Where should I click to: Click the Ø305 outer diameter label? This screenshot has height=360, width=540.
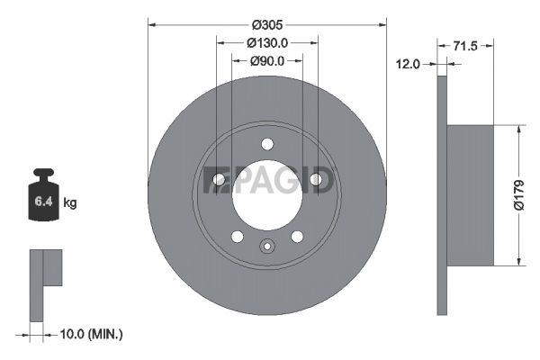point(267,25)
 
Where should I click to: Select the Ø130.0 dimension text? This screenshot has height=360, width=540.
point(267,43)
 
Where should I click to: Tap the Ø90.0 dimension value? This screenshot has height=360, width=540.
point(267,61)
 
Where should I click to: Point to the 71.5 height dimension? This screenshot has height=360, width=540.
point(465,46)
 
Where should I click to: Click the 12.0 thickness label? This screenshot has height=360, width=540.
point(408,64)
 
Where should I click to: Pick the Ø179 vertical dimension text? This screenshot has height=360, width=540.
point(518,194)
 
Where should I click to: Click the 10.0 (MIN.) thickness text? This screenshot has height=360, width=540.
point(91,334)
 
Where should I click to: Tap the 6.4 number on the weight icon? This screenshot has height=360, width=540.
point(43,202)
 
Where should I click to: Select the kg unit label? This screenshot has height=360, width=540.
point(70,202)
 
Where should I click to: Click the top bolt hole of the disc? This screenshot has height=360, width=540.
point(267,144)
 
